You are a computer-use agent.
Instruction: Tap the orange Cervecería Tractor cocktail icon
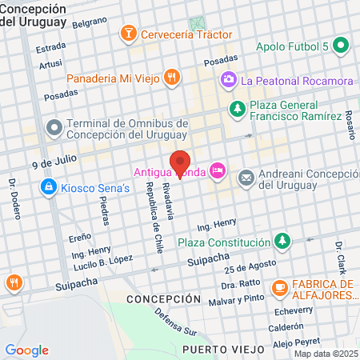pos(127,34)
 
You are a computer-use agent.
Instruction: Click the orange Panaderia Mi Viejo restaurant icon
pos(171,78)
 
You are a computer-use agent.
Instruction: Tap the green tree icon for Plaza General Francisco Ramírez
pos(236,107)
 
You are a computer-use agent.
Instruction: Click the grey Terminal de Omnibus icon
pos(54,127)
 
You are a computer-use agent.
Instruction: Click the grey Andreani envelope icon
pos(246,177)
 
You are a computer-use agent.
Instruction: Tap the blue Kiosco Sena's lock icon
pos(47,187)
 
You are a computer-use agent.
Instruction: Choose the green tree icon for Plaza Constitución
pos(281,241)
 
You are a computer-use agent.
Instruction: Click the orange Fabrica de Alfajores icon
pos(280,286)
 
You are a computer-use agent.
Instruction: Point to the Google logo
pos(26,350)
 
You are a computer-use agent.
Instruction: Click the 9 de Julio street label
pos(54,162)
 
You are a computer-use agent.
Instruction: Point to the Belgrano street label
pos(90,23)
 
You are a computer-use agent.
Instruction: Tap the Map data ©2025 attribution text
pos(324,354)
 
